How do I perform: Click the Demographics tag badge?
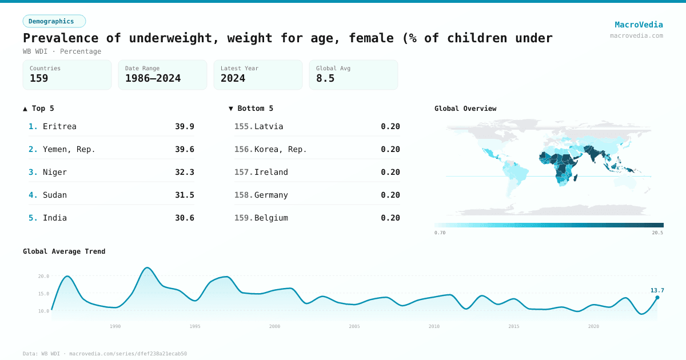tap(54, 21)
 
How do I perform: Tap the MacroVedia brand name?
tap(639, 25)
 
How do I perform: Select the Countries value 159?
tap(39, 78)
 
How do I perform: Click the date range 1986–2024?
tap(153, 78)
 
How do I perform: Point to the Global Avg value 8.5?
tap(325, 78)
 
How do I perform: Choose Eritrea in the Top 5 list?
tap(59, 126)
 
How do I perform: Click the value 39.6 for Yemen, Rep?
tap(184, 149)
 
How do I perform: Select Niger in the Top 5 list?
tap(55, 172)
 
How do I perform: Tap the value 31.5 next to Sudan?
tap(184, 195)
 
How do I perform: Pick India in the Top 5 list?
tap(55, 218)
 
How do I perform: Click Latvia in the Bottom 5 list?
tap(269, 126)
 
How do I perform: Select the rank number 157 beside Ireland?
tap(244, 172)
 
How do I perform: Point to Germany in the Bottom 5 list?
tap(271, 195)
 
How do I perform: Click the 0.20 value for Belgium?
tap(390, 218)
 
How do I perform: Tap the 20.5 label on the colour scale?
tap(657, 233)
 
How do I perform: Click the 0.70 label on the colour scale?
tap(440, 233)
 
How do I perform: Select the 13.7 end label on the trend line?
tap(657, 290)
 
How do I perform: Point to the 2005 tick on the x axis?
tap(354, 326)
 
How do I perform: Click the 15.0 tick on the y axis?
tap(43, 294)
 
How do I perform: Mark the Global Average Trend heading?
tap(64, 251)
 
